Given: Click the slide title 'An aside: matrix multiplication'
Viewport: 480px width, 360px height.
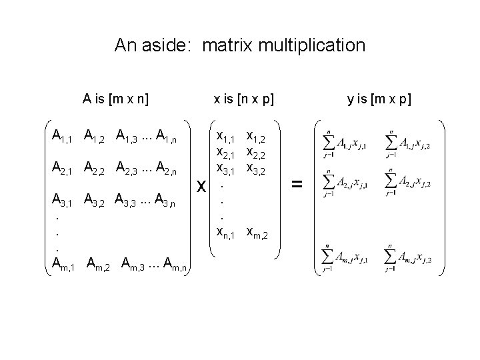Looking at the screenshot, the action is (x=240, y=45).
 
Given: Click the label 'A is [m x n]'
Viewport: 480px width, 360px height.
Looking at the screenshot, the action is (x=115, y=100).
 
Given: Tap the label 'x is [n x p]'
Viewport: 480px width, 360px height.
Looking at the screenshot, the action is (x=243, y=100).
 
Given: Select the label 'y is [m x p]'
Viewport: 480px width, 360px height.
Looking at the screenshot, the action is (x=379, y=100).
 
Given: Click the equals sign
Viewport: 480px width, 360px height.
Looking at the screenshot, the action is (x=297, y=185).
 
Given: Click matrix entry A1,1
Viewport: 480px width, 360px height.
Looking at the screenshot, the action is (x=63, y=138).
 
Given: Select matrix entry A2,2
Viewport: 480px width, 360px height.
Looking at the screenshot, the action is (x=95, y=169).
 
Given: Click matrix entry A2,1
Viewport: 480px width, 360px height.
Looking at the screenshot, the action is (x=63, y=169).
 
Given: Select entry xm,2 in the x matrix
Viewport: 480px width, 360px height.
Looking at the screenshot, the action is (x=260, y=233).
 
